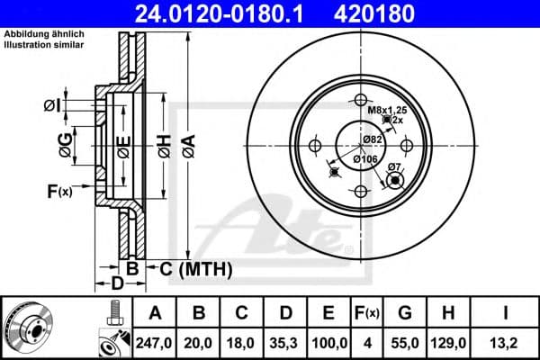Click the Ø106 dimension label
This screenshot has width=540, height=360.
pyautogui.click(x=364, y=159)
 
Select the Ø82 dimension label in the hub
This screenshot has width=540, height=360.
pyautogui.click(x=373, y=139)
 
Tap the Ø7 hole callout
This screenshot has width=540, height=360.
pyautogui.click(x=393, y=167)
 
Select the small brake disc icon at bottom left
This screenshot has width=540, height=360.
pyautogui.click(x=26, y=326)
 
